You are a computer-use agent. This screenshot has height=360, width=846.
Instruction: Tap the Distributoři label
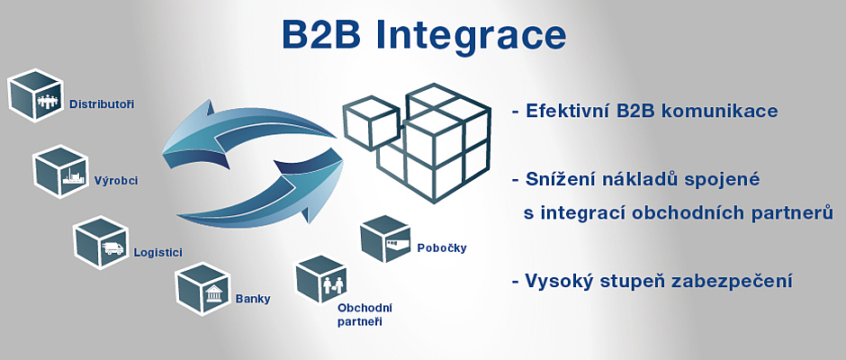click(x=102, y=104)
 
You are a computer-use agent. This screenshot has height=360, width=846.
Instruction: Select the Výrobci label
click(x=116, y=181)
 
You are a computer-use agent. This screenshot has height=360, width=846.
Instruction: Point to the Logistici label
click(x=158, y=253)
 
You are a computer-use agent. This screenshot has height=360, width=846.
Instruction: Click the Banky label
click(x=253, y=299)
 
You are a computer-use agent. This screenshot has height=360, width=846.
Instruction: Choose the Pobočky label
click(x=442, y=248)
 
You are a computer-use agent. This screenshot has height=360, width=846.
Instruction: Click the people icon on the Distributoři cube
click(x=48, y=101)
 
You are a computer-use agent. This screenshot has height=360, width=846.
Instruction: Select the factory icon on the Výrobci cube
click(x=73, y=176)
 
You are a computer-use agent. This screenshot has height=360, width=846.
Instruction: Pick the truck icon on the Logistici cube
click(x=112, y=248)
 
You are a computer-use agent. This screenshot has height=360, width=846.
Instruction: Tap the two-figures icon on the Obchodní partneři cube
click(x=333, y=283)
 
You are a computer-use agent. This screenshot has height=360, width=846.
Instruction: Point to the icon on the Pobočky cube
click(x=397, y=246)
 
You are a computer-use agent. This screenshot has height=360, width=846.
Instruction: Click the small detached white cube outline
click(x=371, y=123)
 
